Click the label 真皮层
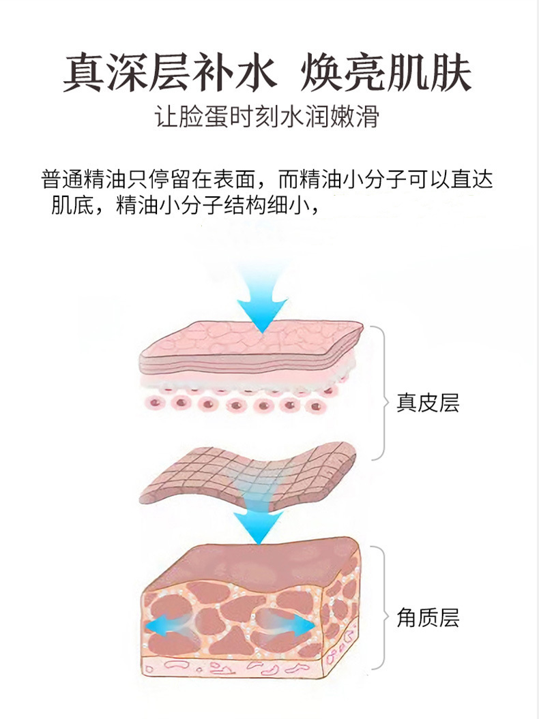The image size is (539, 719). click(428, 402)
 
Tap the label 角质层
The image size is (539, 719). click(428, 617)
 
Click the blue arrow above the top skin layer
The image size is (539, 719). click(263, 296)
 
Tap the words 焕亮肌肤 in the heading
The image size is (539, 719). click(385, 73)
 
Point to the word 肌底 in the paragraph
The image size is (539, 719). click(68, 204)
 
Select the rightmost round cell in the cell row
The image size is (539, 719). click(315, 406)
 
